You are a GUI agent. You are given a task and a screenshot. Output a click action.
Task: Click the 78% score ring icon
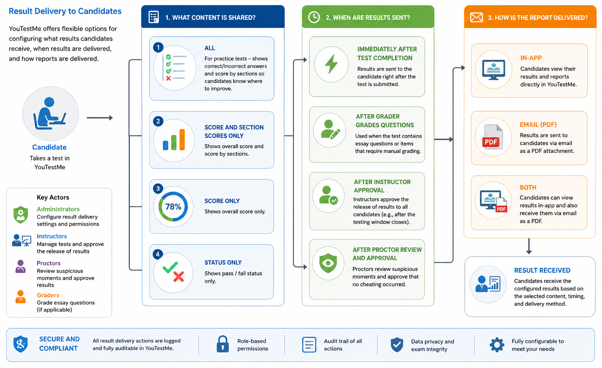(173, 206)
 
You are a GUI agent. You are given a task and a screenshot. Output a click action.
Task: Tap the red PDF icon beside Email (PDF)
(492, 137)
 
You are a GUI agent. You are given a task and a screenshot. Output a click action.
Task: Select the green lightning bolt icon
(332, 64)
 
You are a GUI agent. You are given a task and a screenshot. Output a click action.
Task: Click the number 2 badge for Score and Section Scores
(158, 121)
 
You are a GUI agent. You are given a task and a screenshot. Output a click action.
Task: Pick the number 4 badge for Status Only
(158, 254)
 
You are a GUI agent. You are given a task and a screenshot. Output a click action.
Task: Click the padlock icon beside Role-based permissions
(223, 344)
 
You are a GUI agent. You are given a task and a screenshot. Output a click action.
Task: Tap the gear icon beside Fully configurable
(497, 345)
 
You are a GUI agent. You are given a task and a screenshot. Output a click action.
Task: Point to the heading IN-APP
(531, 58)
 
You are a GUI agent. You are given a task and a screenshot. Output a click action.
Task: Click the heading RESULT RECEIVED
(542, 270)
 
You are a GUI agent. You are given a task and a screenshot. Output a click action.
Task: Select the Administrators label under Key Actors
(58, 209)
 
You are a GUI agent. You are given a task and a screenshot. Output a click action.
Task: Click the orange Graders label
(48, 295)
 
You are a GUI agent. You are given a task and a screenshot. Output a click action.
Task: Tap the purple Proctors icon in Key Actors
(20, 266)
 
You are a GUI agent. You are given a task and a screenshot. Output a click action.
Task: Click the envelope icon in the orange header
(477, 17)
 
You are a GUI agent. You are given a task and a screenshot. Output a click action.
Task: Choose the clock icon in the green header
(314, 17)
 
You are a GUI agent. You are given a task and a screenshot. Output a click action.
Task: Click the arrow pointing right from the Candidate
(100, 118)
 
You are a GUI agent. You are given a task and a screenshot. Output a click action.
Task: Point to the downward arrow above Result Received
(529, 246)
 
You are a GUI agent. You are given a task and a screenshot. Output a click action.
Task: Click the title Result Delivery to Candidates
(65, 11)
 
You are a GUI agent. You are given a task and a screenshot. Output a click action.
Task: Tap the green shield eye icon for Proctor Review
(328, 263)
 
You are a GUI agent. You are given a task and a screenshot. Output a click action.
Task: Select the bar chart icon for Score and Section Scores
(174, 140)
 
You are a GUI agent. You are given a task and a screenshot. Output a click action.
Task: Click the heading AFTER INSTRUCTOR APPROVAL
(382, 186)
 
